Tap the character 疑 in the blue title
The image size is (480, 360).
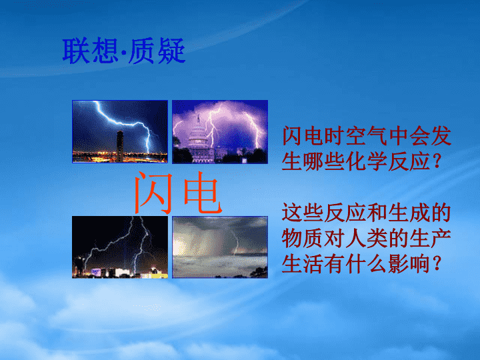tap(171, 51)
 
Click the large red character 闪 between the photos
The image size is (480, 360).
tap(153, 192)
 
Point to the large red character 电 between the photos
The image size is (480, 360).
tap(202, 192)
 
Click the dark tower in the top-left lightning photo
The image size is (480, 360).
tap(120, 146)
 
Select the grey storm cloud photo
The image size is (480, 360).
tap(220, 247)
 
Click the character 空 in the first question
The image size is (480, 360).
tap(356, 135)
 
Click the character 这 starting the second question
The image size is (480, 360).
tap(292, 213)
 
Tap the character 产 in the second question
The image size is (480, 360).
tap(441, 239)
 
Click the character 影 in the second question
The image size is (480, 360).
tap(399, 264)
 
